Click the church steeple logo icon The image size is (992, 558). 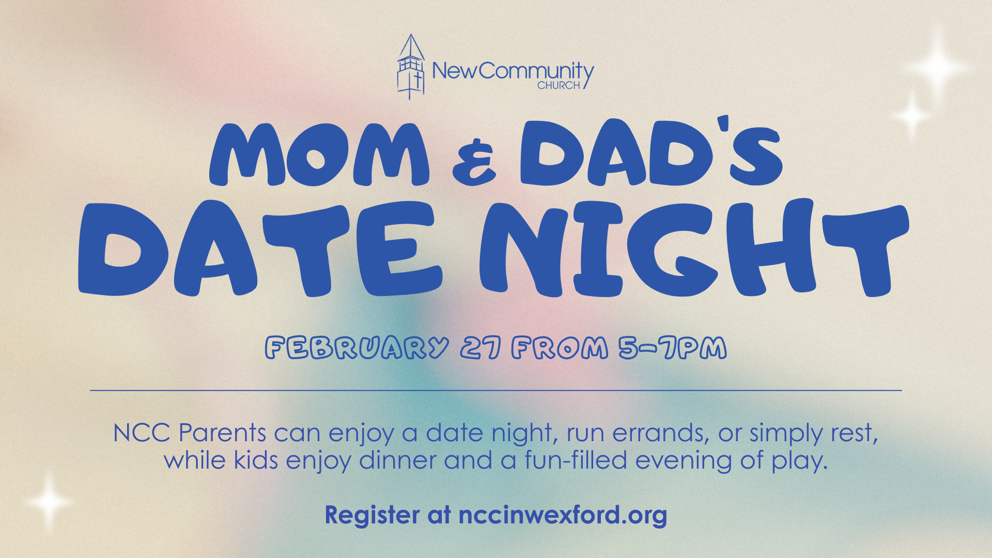[411, 67]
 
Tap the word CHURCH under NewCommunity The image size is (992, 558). [559, 85]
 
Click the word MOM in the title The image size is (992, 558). [319, 154]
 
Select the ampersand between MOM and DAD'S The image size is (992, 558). [474, 162]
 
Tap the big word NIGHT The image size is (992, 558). [694, 249]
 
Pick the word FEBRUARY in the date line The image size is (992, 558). [357, 348]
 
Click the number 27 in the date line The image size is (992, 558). [481, 348]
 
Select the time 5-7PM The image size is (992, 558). [673, 348]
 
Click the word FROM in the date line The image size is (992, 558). [560, 348]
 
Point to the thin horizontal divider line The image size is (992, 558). [496, 391]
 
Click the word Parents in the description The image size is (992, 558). [223, 432]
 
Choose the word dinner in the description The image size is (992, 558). [398, 460]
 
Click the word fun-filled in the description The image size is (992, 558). [576, 460]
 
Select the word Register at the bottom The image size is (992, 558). [372, 515]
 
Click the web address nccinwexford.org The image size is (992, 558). [563, 515]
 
